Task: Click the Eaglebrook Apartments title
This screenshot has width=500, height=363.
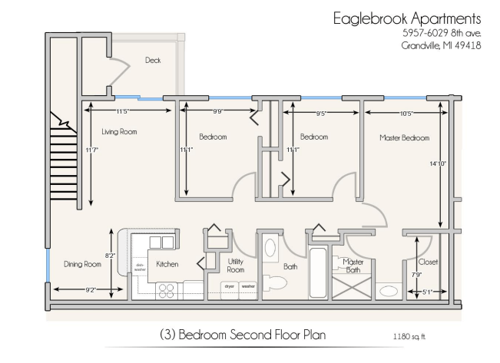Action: click(x=407, y=18)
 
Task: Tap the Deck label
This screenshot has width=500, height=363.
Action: click(x=154, y=60)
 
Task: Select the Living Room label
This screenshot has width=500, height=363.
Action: click(x=118, y=132)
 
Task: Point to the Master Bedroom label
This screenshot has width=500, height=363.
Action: click(x=404, y=138)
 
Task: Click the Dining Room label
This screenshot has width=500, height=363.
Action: click(x=82, y=265)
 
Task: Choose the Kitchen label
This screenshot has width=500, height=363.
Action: click(x=167, y=264)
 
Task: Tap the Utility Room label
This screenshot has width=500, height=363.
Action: click(x=236, y=266)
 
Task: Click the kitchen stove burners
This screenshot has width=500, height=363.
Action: click(x=167, y=290)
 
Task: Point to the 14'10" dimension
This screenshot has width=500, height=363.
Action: click(x=439, y=163)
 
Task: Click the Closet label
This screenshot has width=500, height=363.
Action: click(x=429, y=262)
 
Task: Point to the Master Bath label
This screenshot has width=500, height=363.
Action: click(x=353, y=266)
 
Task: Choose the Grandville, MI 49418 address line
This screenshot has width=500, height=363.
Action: click(x=441, y=45)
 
